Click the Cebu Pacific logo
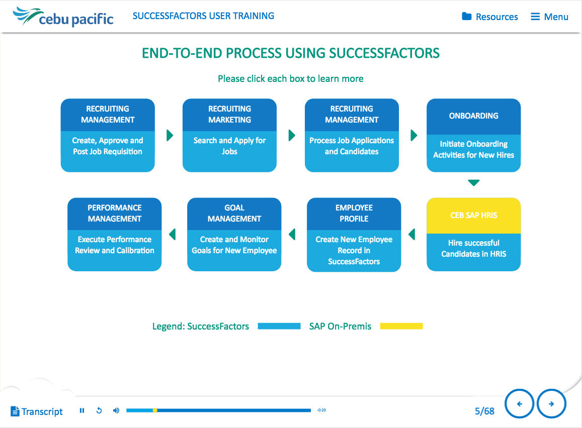[63, 17]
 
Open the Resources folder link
[489, 17]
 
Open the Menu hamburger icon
[535, 17]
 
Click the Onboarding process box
[474, 135]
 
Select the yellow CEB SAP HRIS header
[474, 216]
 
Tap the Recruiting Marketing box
[229, 135]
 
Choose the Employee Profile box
[354, 235]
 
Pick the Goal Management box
[234, 234]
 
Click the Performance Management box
[114, 234]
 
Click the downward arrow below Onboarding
[474, 182]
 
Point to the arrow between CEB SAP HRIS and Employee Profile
[411, 234]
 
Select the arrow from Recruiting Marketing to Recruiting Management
[292, 135]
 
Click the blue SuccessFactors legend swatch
[279, 326]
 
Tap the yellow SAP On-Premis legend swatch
[401, 326]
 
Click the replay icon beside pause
[99, 410]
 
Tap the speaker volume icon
[116, 410]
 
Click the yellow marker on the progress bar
[155, 410]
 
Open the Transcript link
[37, 412]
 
